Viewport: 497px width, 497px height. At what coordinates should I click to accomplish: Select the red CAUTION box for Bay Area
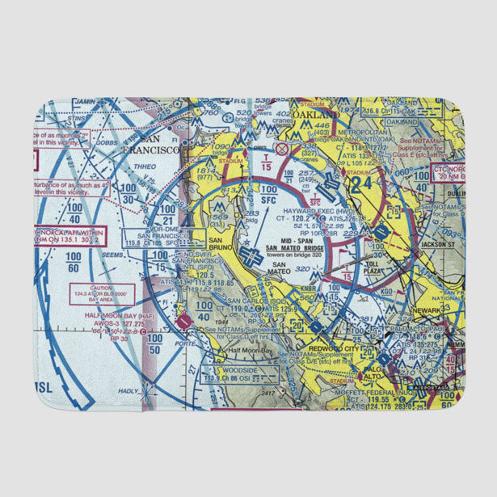click(102, 293)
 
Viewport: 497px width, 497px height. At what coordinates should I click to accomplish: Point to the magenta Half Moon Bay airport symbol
click(184, 322)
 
